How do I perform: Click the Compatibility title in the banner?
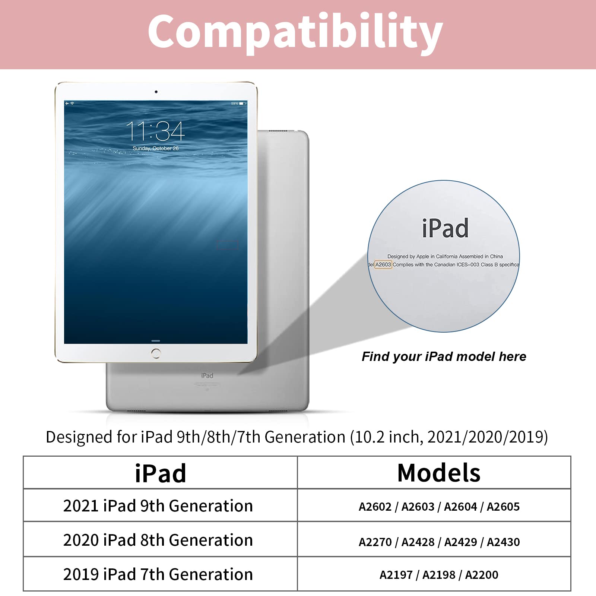[x=295, y=33]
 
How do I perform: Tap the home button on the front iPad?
[x=156, y=353]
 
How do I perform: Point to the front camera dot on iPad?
[x=156, y=92]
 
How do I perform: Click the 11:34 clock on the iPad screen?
[x=155, y=131]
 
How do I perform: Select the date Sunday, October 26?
[x=156, y=148]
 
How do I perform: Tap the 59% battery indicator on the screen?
[x=238, y=103]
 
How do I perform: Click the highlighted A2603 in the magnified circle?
[x=383, y=264]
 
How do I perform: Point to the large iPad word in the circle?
[x=445, y=228]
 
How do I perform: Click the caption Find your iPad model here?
[x=444, y=356]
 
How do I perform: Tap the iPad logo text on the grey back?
[x=207, y=375]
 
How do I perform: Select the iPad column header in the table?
[x=160, y=473]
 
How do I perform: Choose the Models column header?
[x=439, y=473]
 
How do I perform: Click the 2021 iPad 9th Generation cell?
[x=158, y=506]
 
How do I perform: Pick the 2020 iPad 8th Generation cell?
[x=158, y=540]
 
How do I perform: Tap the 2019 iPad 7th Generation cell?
[x=158, y=574]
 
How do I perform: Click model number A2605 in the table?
[x=503, y=507]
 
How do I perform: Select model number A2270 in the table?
[x=375, y=542]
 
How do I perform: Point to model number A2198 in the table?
[x=439, y=575]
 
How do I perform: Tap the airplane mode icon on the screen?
[x=67, y=103]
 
